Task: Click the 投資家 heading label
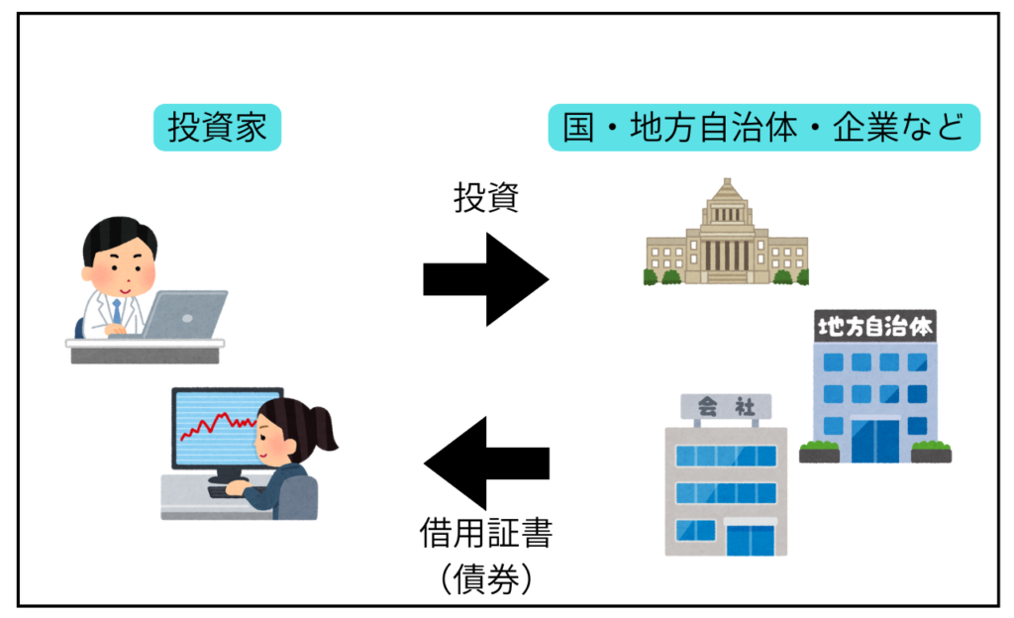tap(217, 129)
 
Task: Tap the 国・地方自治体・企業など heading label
tap(763, 129)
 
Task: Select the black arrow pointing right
tap(485, 279)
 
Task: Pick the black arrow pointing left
tap(485, 463)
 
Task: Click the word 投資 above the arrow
tap(485, 199)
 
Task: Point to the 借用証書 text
tap(485, 535)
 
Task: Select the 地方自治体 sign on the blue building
tap(875, 325)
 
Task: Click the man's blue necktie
tap(117, 311)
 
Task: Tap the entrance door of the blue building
tap(874, 442)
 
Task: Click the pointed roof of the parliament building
tap(726, 193)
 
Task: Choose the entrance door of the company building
tap(750, 540)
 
